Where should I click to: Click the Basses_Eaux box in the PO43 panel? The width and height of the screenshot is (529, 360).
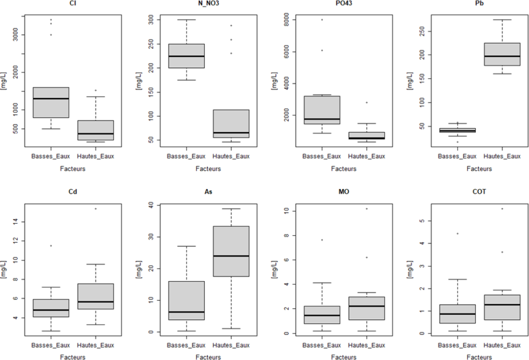pyautogui.click(x=322, y=110)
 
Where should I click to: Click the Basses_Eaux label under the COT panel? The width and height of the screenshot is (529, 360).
pyautogui.click(x=458, y=345)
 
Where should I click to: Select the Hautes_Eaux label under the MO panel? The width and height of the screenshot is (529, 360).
pyautogui.click(x=367, y=345)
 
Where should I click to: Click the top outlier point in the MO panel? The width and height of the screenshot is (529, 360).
pyautogui.click(x=367, y=209)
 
